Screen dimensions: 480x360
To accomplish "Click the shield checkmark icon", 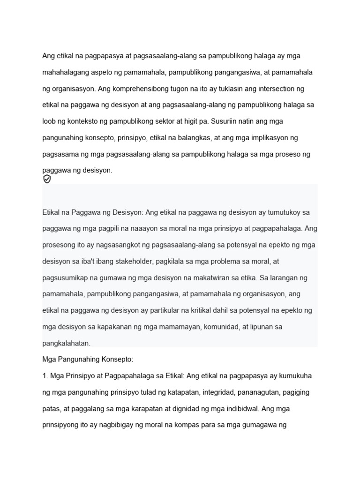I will tap(47, 179).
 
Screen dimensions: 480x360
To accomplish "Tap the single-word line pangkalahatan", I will tap(66, 343).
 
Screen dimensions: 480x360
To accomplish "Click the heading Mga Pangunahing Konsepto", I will tap(88, 360).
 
